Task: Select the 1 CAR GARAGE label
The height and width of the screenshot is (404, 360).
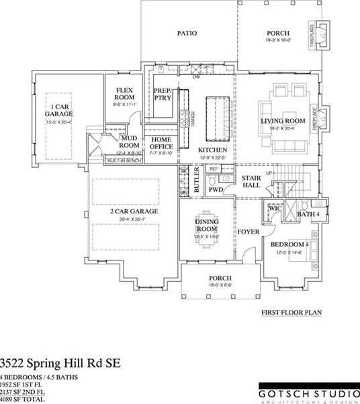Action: (59, 110)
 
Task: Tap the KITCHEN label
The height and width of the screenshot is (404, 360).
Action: (212, 150)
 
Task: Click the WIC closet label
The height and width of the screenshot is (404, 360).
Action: (274, 208)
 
